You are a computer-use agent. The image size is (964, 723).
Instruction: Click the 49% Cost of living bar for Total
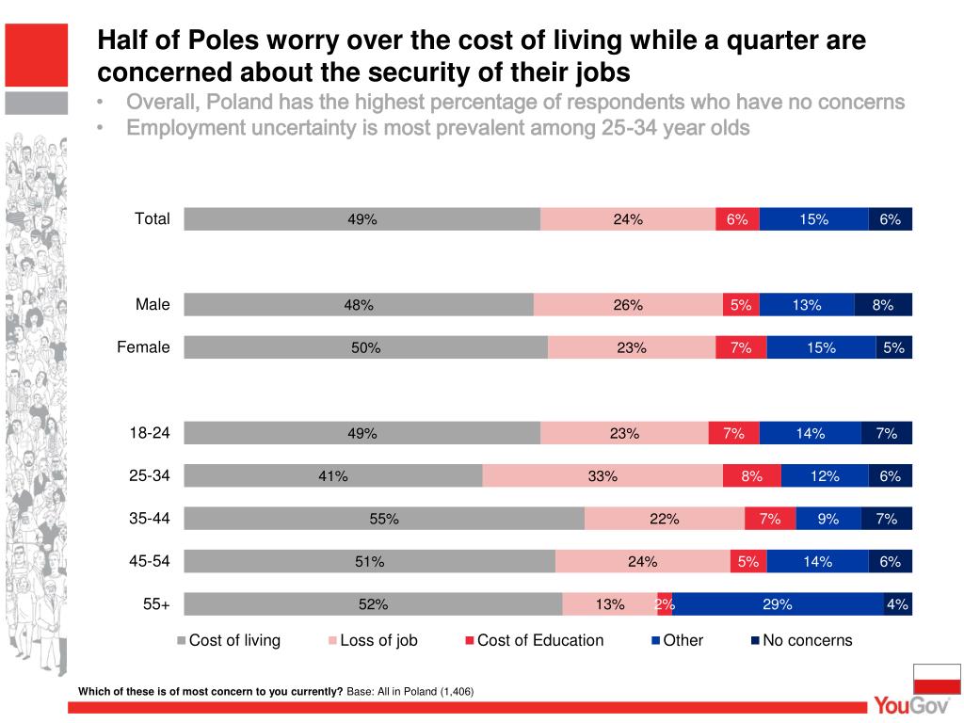click(362, 219)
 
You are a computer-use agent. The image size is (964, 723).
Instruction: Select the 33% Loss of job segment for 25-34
click(602, 476)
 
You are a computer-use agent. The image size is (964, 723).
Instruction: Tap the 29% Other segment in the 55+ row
click(778, 604)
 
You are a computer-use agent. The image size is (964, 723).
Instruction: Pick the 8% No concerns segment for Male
click(883, 305)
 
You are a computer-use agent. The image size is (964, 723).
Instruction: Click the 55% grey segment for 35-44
click(384, 519)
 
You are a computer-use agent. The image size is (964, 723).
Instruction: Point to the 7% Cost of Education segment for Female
click(741, 348)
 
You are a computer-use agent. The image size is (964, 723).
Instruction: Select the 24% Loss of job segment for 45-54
click(642, 562)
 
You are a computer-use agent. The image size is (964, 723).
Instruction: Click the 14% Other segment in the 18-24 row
click(810, 433)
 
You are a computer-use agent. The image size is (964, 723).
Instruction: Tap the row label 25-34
click(150, 476)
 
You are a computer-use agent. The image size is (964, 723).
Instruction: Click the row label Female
click(143, 348)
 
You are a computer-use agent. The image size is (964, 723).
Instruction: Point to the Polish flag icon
click(936, 678)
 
